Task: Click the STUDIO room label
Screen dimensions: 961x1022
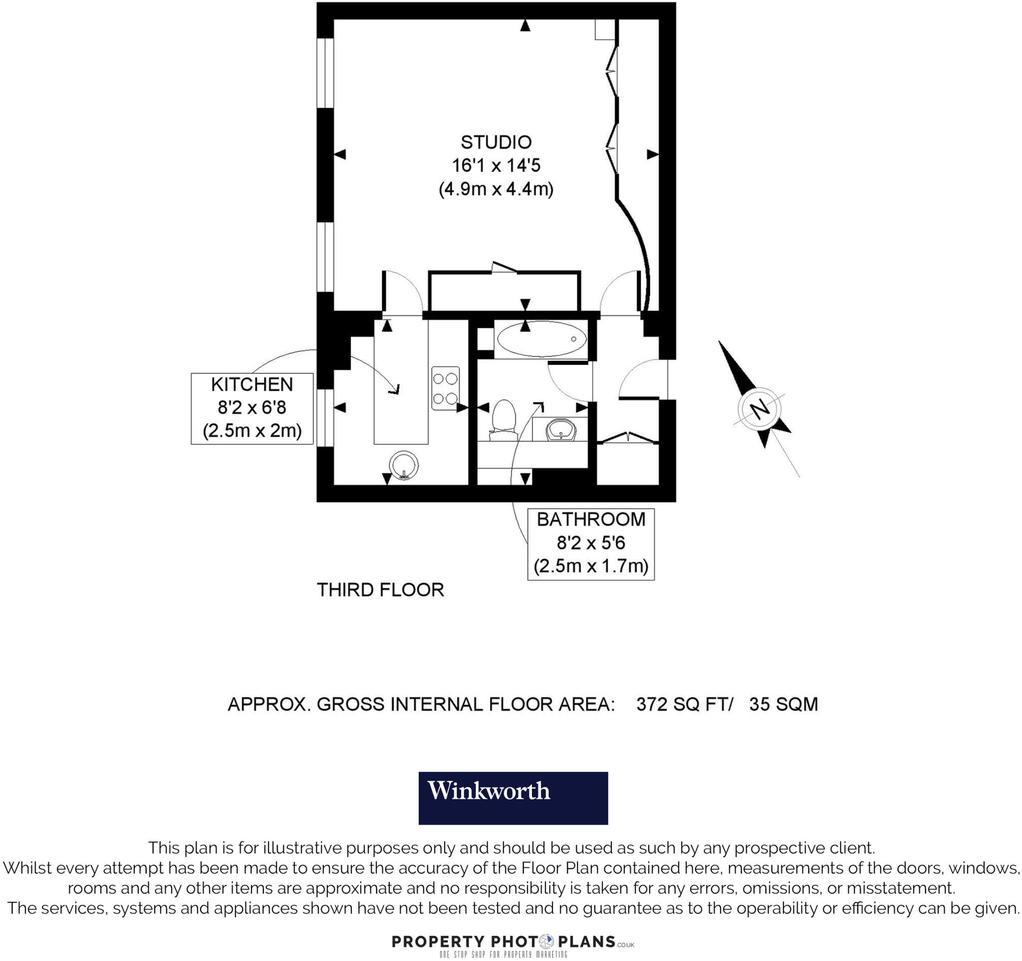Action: (x=496, y=142)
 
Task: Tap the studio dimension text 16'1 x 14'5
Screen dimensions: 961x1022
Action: (x=496, y=166)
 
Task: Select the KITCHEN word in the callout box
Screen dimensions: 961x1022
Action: (x=252, y=384)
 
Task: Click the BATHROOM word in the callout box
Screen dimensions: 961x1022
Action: (x=591, y=519)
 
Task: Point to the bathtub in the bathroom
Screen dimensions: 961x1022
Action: (x=541, y=339)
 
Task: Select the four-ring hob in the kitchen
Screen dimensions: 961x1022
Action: (x=445, y=388)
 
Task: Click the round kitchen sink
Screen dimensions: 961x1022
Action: (x=404, y=465)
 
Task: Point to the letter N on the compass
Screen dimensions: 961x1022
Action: (x=760, y=409)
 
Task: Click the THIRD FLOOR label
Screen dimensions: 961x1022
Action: (x=380, y=590)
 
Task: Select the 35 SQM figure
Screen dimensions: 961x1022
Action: (x=783, y=704)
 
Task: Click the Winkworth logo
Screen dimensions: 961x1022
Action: (x=512, y=798)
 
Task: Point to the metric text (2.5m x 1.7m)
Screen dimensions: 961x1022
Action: (x=591, y=566)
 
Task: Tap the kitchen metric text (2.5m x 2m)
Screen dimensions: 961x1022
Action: (x=252, y=430)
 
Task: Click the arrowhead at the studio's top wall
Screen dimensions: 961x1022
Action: (x=525, y=25)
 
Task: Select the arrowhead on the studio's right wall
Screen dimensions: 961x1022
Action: (x=652, y=154)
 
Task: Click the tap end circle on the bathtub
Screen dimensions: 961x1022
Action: (x=574, y=339)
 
